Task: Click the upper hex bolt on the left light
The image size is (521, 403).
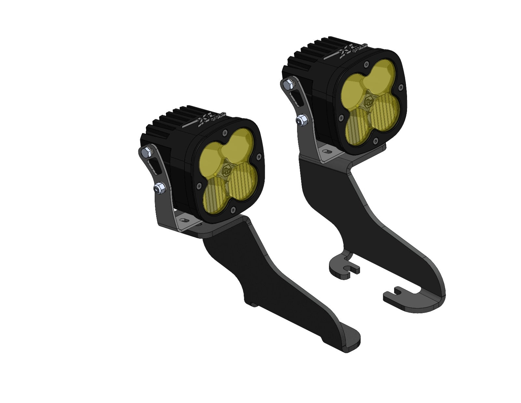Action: coord(147,151)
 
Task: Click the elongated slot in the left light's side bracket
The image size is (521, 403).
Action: coord(154,165)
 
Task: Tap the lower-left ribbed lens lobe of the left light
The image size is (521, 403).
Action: coord(216,193)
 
